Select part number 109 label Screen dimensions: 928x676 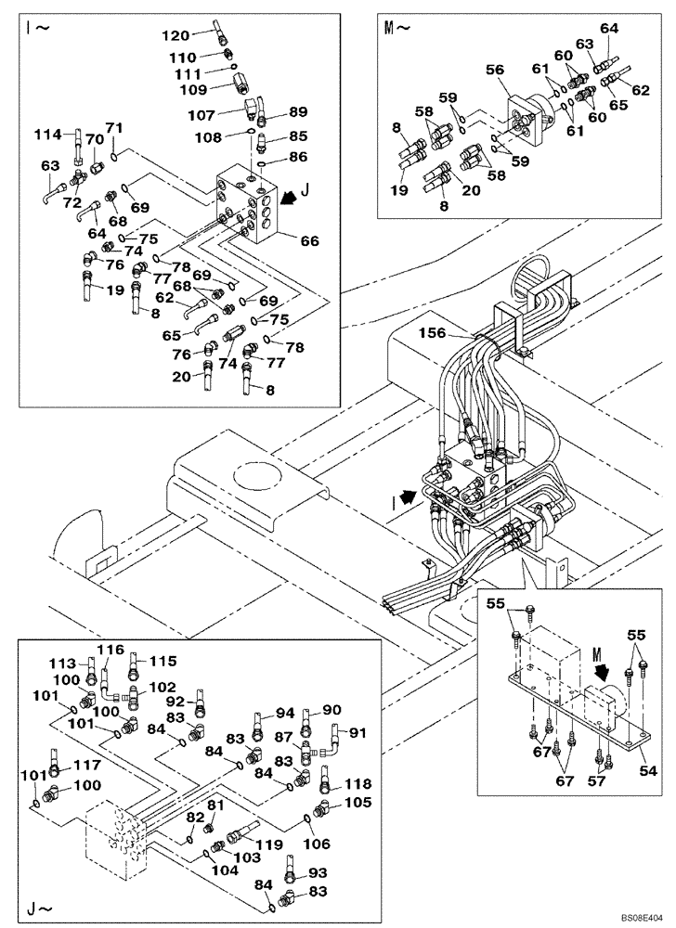tap(192, 91)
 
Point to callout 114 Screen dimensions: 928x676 tap(50, 135)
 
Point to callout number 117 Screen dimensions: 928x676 tap(86, 766)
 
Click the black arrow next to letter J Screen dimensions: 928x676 tap(290, 197)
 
